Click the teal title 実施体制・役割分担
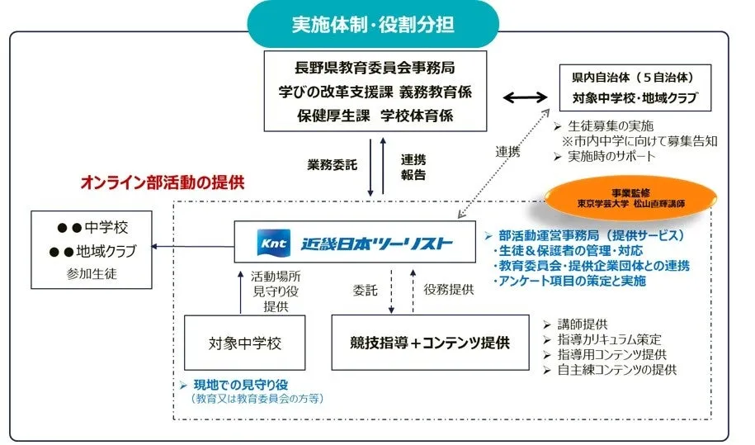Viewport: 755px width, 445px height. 372,24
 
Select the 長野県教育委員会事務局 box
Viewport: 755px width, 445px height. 375,91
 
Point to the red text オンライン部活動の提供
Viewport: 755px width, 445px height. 162,182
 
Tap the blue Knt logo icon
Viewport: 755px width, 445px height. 270,243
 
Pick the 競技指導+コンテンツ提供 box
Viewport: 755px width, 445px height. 429,341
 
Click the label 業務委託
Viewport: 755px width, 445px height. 331,164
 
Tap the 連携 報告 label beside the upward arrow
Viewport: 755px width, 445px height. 413,167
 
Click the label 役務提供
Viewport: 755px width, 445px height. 449,290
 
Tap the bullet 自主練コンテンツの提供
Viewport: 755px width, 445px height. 616,370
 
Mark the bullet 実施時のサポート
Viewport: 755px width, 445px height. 611,156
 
